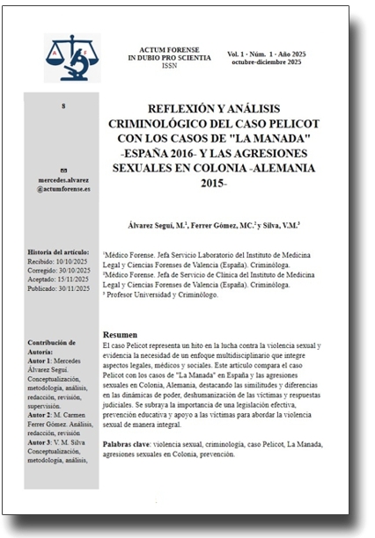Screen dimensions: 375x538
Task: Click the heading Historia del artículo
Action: pos(59,251)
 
